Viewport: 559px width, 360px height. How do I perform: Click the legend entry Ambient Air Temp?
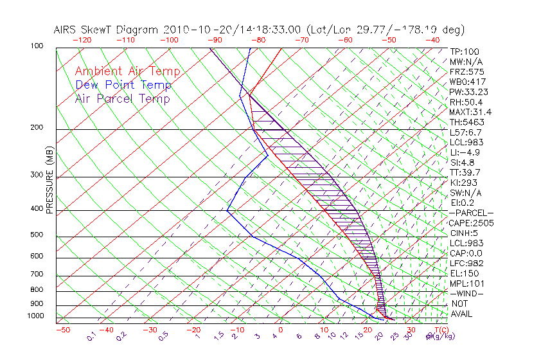(127, 71)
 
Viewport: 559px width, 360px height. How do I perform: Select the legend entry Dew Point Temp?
(123, 85)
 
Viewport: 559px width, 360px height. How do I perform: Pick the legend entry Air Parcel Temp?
(123, 98)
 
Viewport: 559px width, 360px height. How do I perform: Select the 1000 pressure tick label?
(37, 316)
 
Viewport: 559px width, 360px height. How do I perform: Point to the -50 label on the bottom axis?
(62, 330)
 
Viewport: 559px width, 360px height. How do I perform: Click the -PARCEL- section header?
(471, 213)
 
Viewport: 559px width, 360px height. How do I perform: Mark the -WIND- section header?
(466, 293)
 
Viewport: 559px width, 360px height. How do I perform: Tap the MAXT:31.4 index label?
(471, 112)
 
